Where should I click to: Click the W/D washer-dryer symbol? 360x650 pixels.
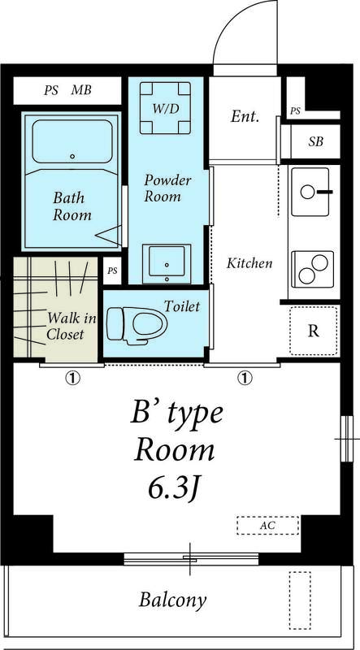tap(165, 108)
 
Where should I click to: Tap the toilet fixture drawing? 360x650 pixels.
tap(137, 326)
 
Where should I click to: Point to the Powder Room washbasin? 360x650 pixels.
tap(167, 264)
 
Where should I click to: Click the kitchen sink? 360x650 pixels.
tap(310, 192)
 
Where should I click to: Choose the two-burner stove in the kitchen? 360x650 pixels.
tap(313, 269)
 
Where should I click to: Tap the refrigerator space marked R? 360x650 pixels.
tap(314, 331)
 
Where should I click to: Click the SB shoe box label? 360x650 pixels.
tap(315, 141)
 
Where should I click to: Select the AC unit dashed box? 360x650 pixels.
tap(268, 526)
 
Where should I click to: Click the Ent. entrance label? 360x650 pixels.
tap(245, 116)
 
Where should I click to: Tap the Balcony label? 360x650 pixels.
tap(172, 600)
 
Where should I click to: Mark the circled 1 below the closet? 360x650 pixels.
tap(72, 378)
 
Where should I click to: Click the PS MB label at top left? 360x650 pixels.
tap(67, 90)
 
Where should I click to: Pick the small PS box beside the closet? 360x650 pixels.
tap(112, 271)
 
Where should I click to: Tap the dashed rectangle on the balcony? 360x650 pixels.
tap(300, 600)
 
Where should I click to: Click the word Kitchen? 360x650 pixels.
tap(249, 262)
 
